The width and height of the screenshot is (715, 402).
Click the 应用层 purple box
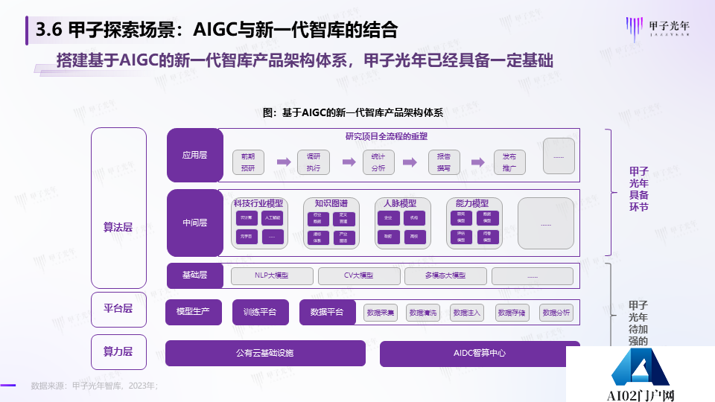click(194, 156)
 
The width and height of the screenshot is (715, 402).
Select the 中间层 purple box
click(194, 223)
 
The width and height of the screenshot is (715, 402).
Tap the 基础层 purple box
click(194, 275)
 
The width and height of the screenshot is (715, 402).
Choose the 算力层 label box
click(118, 352)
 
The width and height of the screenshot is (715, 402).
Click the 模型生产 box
click(194, 312)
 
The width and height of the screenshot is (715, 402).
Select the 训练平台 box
click(260, 312)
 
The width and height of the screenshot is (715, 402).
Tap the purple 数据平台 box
click(326, 312)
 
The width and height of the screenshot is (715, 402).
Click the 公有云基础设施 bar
click(265, 353)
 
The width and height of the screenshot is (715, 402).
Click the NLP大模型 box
click(271, 275)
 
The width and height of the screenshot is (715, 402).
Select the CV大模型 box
click(358, 275)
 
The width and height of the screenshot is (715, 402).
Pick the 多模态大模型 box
click(445, 275)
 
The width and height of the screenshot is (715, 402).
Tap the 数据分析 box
click(556, 313)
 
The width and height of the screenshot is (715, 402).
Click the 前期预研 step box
click(248, 162)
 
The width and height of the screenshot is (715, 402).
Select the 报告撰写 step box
click(444, 162)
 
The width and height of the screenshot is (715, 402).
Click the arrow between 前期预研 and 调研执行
click(283, 162)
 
